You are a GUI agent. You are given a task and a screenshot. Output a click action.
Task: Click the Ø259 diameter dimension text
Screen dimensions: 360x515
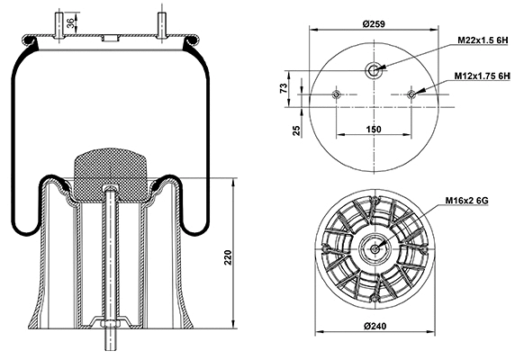pyautogui.click(x=374, y=22)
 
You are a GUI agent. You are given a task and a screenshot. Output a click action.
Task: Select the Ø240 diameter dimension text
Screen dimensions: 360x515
pyautogui.click(x=374, y=350)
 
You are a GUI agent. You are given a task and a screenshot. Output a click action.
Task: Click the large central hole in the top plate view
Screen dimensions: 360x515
pyautogui.click(x=374, y=69)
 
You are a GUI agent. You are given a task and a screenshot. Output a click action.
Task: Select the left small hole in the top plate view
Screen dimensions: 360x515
pyautogui.click(x=336, y=94)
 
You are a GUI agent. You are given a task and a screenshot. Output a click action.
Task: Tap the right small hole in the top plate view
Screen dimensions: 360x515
pyautogui.click(x=411, y=94)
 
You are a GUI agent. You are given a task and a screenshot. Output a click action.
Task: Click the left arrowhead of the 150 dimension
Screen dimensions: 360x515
pyautogui.click(x=339, y=136)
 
